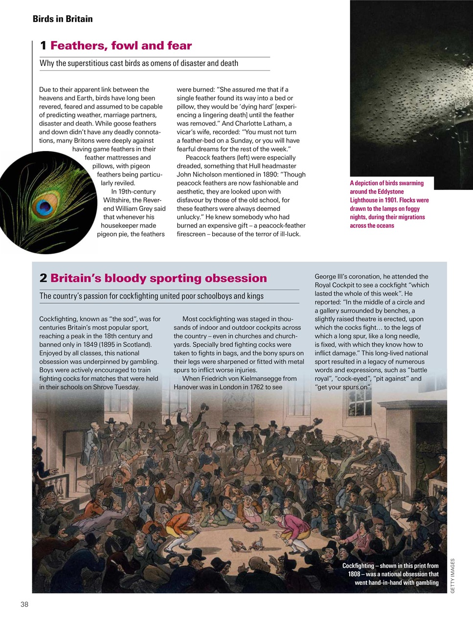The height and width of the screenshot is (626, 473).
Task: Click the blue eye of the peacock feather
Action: pos(44,207)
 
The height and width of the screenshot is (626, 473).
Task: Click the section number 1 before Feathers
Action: pos(43,46)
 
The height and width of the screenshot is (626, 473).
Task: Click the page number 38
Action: pos(24,604)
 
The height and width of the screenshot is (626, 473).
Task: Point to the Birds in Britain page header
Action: pos(63,19)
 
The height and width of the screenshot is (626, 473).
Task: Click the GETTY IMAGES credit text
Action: pos(452,576)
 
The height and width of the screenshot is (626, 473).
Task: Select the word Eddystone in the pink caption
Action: pos(390,192)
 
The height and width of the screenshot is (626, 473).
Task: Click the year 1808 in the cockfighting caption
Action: pos(354,574)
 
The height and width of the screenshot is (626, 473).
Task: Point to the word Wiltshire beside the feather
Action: pos(117,200)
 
